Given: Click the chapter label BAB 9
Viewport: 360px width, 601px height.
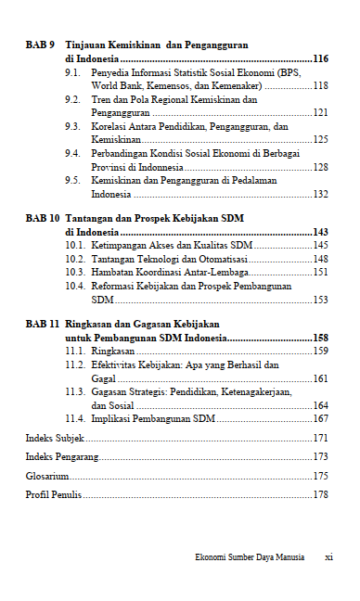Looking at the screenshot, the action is click(x=40, y=45).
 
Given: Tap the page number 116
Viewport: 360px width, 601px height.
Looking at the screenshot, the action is click(x=322, y=58).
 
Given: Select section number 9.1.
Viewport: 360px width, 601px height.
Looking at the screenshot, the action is click(x=71, y=72).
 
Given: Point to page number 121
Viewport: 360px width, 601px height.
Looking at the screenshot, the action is click(x=322, y=112).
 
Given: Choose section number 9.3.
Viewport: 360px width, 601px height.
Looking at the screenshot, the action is click(x=71, y=126).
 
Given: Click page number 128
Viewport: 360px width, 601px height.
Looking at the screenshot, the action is click(x=322, y=167).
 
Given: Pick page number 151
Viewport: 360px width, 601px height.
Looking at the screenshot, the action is click(x=322, y=273).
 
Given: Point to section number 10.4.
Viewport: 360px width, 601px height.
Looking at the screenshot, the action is click(x=74, y=287).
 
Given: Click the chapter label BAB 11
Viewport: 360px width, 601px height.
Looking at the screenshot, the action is click(x=43, y=324).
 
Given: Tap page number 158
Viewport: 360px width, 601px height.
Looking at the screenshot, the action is click(x=322, y=338).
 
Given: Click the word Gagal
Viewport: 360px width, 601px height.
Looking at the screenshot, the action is click(x=102, y=378).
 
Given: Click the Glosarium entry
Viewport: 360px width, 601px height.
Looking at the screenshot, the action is click(x=45, y=476).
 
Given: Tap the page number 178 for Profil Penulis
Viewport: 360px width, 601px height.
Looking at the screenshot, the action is click(x=322, y=495).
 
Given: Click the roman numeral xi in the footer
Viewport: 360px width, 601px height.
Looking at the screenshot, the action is click(x=328, y=557).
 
